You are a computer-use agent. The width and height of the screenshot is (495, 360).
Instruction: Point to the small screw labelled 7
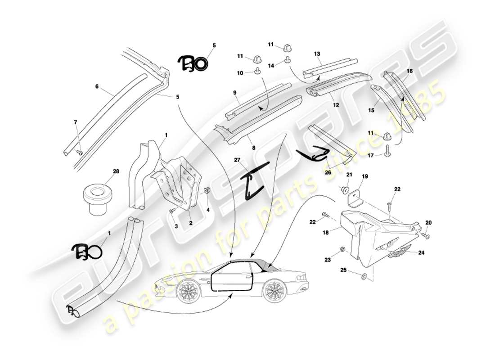(x=79, y=153)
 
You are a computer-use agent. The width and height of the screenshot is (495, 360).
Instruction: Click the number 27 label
(x=237, y=160)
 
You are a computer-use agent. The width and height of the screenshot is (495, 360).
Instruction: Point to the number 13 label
(x=317, y=54)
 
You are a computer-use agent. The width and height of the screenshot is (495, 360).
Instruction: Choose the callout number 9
(x=235, y=93)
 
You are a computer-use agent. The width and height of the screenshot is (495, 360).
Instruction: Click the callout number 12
(x=335, y=105)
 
